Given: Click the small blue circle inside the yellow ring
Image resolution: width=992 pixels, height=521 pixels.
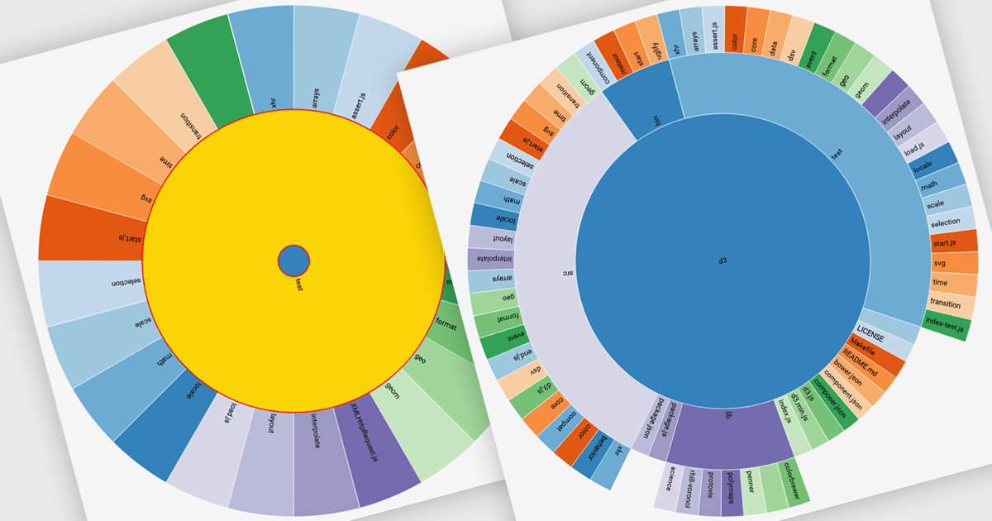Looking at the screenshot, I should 293,260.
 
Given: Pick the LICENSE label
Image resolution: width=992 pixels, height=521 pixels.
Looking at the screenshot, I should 870,337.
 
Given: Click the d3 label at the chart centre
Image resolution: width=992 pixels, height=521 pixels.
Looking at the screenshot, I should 722,261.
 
